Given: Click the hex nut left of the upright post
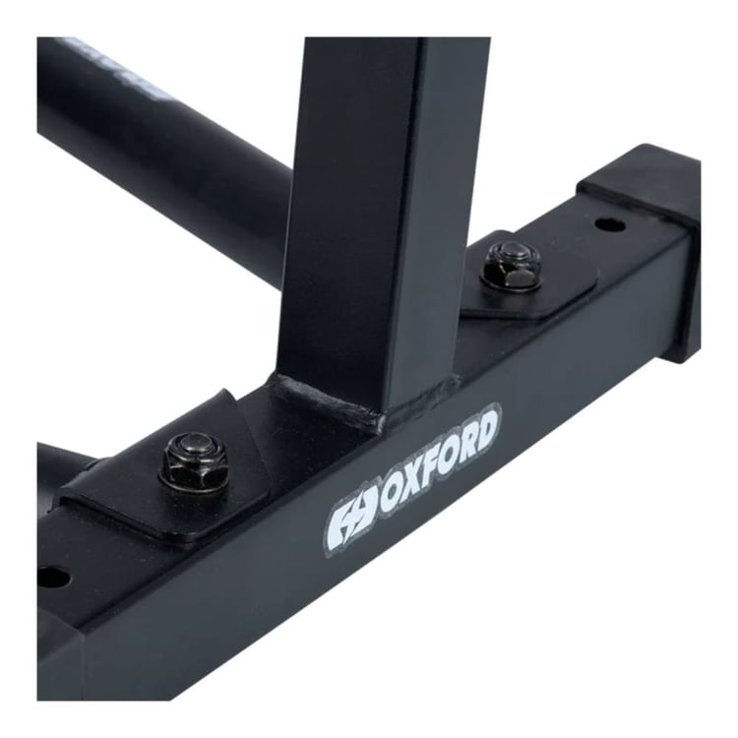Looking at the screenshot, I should click(195, 461).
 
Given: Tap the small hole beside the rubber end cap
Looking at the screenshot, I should click(609, 224).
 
